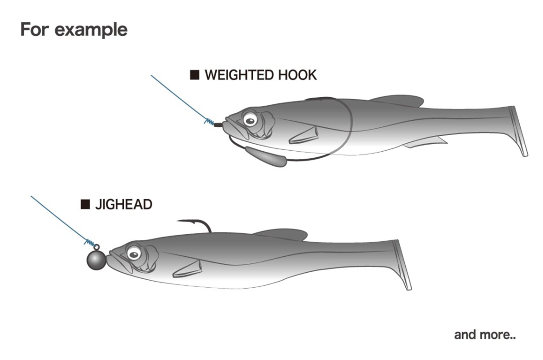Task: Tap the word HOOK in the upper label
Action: tap(298, 75)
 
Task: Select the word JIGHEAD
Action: tap(124, 204)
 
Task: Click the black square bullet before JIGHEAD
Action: tap(85, 204)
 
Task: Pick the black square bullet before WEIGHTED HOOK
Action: tap(195, 75)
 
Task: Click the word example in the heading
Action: tap(91, 30)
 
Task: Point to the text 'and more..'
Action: tap(485, 334)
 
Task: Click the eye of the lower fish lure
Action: tap(134, 254)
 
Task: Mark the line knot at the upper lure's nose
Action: tap(209, 122)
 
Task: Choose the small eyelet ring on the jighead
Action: tap(97, 247)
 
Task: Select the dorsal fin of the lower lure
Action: tap(280, 234)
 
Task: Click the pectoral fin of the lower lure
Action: tap(187, 269)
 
